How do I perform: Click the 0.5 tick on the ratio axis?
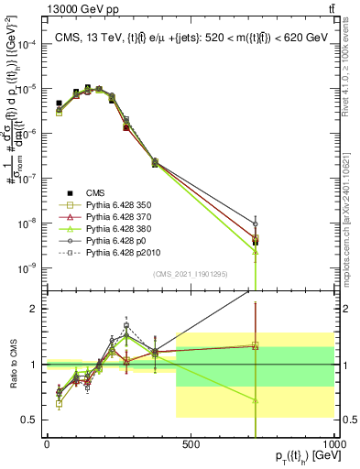pyautogui.click(x=31, y=420)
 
